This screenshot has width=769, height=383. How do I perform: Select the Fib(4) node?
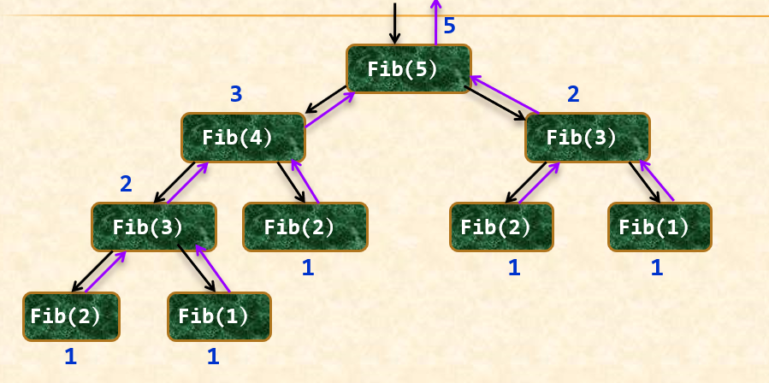(x=243, y=138)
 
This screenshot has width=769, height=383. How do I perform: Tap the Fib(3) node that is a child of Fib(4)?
(x=154, y=227)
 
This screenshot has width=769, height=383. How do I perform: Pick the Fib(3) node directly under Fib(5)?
(x=587, y=138)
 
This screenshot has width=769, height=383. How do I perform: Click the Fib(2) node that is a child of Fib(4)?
(x=305, y=227)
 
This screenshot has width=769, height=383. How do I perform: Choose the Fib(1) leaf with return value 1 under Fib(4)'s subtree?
(x=219, y=316)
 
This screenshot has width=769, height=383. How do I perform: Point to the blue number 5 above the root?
(x=449, y=27)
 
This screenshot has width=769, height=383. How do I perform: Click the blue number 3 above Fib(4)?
(x=237, y=94)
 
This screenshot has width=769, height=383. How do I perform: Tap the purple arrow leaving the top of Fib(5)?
(x=435, y=21)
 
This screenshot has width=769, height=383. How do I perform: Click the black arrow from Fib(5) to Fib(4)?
(x=326, y=100)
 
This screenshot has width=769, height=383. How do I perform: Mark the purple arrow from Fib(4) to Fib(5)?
(x=330, y=110)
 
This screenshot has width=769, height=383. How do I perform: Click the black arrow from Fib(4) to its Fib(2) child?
(x=292, y=181)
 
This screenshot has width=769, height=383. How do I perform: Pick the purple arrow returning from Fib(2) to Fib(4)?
(x=305, y=181)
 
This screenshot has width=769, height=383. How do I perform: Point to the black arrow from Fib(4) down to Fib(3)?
(x=175, y=181)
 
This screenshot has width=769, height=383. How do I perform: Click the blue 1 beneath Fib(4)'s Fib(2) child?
(x=308, y=268)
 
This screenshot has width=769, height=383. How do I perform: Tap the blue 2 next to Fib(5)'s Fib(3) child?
(x=573, y=94)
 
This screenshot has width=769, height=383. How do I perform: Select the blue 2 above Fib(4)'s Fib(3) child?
(x=126, y=184)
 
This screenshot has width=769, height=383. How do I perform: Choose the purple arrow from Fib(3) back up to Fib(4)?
(x=188, y=181)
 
